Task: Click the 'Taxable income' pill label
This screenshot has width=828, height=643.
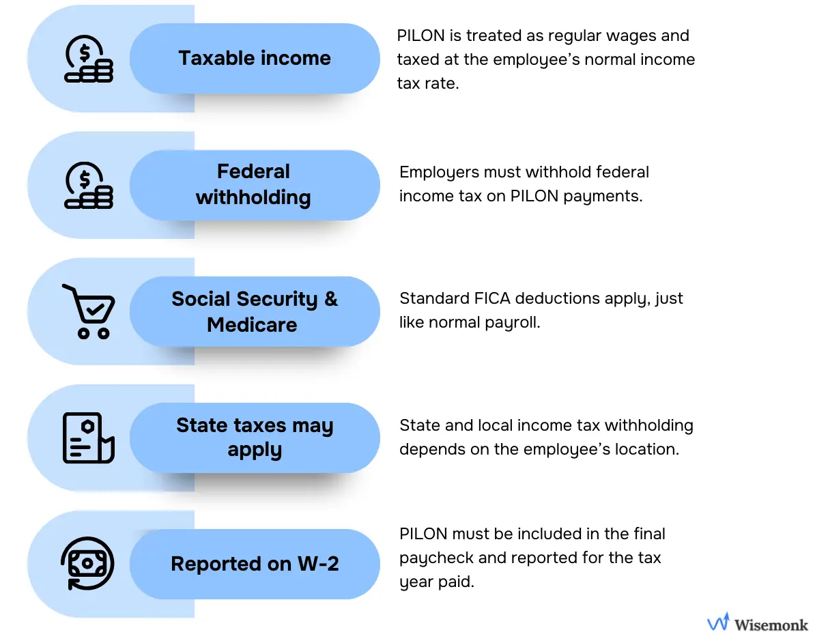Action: pos(255,58)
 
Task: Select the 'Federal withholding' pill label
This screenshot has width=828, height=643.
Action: pos(253,184)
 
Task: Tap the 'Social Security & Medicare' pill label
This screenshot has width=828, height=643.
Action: pos(254,311)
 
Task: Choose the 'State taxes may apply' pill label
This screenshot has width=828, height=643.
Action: pos(255,438)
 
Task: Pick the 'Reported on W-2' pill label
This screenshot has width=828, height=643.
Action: pos(255,564)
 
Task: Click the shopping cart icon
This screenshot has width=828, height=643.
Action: pos(89,311)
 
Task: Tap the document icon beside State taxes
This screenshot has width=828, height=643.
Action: pos(88,438)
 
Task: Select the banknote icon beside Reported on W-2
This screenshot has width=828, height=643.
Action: pos(88,564)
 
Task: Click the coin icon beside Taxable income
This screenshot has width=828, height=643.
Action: pos(88,59)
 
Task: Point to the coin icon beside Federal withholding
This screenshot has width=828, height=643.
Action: pos(88,185)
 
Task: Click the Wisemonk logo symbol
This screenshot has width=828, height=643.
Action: pos(718,623)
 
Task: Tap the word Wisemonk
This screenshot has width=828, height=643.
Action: pos(771,624)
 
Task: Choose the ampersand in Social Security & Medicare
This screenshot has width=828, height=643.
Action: pos(330,299)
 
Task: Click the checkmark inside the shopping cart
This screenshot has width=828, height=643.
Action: pos(96,309)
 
